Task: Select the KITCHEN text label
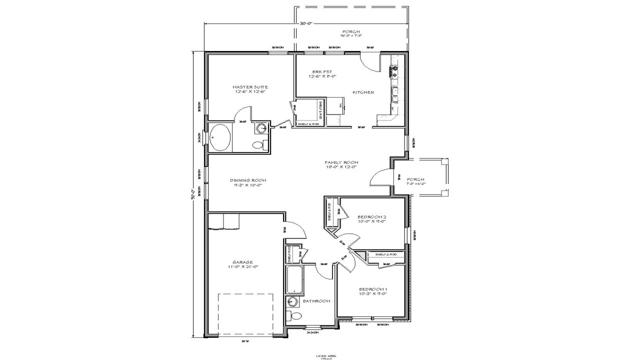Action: coord(363,92)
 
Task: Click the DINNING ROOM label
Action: coord(248,180)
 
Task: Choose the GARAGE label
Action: coord(242,262)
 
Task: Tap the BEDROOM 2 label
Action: coord(371,217)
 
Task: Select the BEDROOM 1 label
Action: coord(373,289)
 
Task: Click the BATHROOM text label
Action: coord(316,301)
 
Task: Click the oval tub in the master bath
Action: coord(220,137)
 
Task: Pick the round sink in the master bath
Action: coord(261,128)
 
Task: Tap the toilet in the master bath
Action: coord(258,145)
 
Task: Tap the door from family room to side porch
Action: coord(381,177)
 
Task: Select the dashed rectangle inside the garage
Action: coord(245,314)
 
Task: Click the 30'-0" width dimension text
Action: coord(306,23)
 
